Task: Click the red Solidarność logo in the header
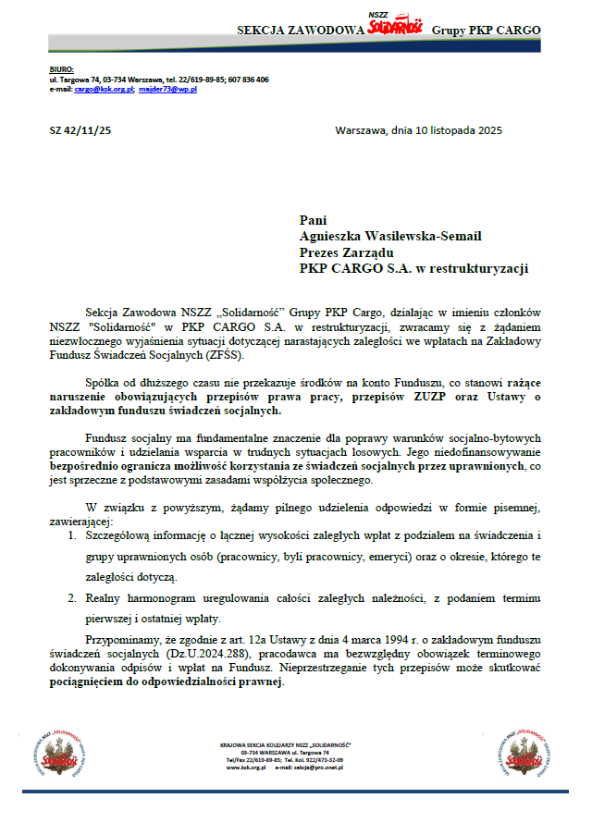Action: [395, 26]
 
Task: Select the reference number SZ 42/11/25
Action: [80, 130]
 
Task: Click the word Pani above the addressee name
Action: [314, 220]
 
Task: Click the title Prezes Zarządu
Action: [347, 252]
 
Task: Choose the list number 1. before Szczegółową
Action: [73, 535]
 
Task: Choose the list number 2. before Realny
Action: [73, 597]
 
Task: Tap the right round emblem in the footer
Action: [531, 752]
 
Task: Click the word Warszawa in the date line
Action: [364, 130]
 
